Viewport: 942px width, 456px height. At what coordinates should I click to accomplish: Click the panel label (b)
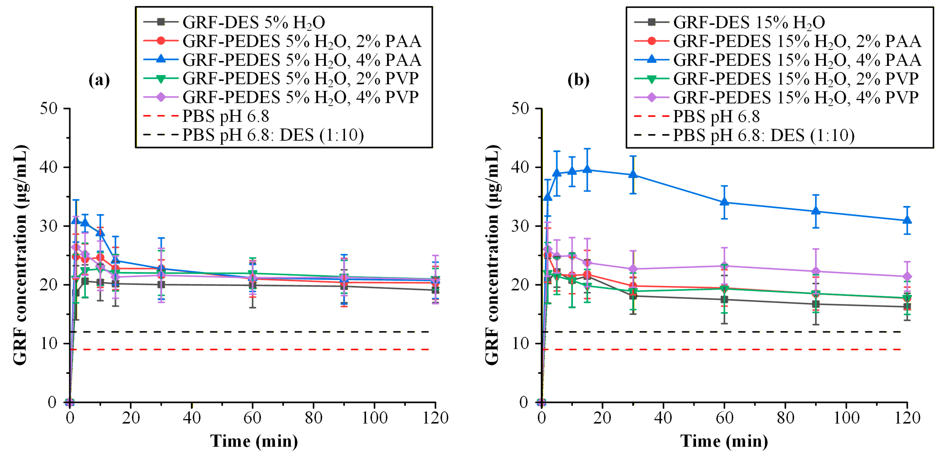[x=578, y=80]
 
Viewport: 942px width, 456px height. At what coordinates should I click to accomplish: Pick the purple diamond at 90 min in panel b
[x=815, y=271]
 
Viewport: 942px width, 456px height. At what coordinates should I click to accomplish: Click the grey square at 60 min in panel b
[x=724, y=300]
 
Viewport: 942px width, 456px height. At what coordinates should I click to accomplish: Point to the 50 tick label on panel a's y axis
[x=49, y=109]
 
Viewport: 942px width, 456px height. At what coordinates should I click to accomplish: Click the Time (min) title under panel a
[x=254, y=441]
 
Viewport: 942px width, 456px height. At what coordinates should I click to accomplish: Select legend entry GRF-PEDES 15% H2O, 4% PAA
[x=797, y=60]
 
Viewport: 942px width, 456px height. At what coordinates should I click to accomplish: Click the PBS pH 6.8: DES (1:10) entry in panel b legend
[x=763, y=135]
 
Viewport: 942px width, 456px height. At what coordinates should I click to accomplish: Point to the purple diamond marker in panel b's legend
[x=651, y=97]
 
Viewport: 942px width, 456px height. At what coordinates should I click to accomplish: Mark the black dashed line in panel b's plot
[x=724, y=332]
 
